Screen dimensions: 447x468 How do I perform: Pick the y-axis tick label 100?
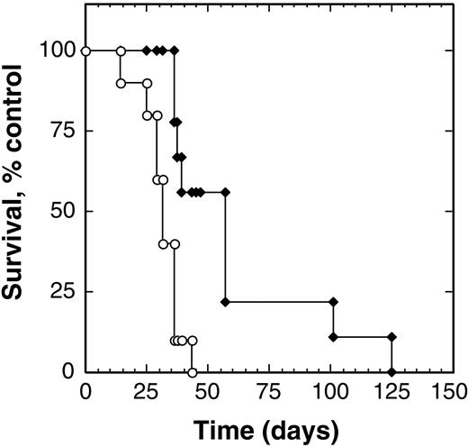(56, 50)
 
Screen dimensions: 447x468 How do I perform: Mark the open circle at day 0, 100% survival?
(85, 50)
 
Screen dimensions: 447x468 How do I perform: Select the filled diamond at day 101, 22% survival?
(333, 301)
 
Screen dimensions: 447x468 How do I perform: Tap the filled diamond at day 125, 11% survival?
(391, 337)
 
